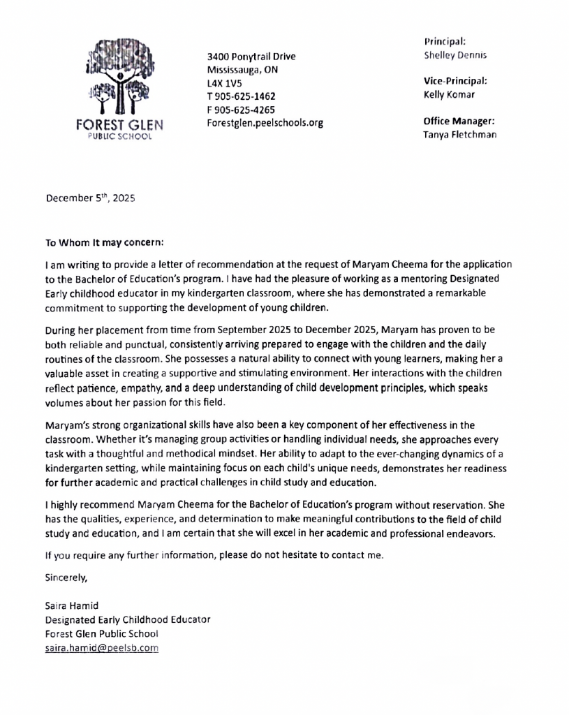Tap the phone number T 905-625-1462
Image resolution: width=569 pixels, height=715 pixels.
pos(241,96)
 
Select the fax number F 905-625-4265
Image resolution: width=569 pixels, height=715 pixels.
pos(241,110)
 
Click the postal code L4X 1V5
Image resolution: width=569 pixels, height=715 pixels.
pos(224,83)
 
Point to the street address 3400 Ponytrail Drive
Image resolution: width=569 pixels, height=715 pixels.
pos(251,57)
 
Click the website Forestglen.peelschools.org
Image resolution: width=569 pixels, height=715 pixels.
pos(265,123)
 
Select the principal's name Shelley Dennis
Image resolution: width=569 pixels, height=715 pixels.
pos(455,55)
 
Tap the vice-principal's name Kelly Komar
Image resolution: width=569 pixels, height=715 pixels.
pos(449,94)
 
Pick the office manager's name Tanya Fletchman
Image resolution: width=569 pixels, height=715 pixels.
pos(459,134)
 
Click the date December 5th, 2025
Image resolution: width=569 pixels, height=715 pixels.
pos(90,198)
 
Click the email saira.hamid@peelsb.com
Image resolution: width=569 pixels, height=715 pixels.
pos(101,648)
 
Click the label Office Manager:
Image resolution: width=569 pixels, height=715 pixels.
pos(459,121)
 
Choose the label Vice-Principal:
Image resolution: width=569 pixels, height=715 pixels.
pos(455,81)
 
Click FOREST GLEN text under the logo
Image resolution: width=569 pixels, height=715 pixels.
pos(119,126)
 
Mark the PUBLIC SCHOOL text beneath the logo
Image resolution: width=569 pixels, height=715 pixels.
pos(119,138)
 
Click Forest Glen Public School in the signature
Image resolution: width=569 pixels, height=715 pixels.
pos(101,633)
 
